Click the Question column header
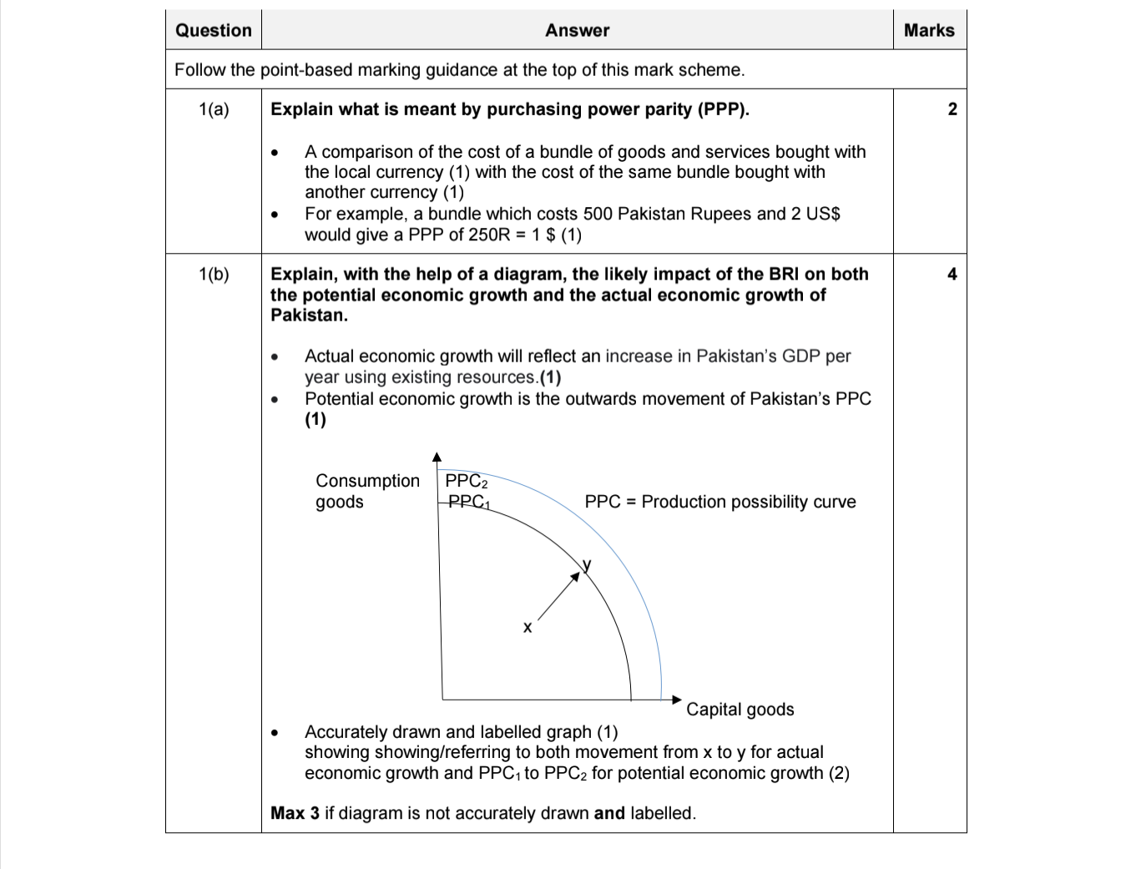point(213,31)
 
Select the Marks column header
point(928,31)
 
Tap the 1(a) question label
point(214,109)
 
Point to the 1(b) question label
point(214,275)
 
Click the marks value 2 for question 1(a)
point(952,109)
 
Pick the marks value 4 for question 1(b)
point(952,275)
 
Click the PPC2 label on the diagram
point(466,481)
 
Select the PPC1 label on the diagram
point(468,502)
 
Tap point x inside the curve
point(527,627)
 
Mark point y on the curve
point(587,565)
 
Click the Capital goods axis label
point(740,710)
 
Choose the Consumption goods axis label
point(367,491)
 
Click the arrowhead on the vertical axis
point(437,457)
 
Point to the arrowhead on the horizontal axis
point(677,700)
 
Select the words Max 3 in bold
point(295,813)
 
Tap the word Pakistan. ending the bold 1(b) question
point(309,316)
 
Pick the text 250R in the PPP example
point(489,235)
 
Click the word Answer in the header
point(577,31)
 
